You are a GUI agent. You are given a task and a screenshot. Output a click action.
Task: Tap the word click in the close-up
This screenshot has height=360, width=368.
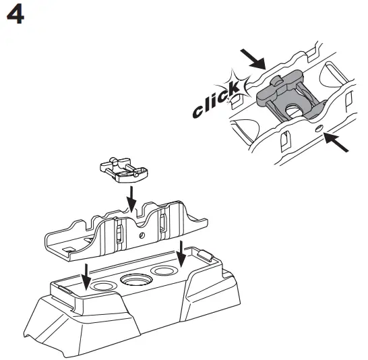[214, 100]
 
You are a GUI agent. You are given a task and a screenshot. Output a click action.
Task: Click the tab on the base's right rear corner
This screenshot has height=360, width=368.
[205, 254]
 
